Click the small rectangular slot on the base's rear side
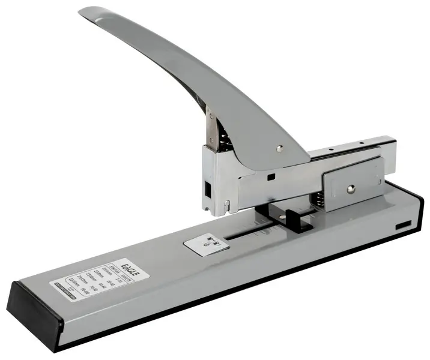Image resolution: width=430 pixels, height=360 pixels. pos(403,225)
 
